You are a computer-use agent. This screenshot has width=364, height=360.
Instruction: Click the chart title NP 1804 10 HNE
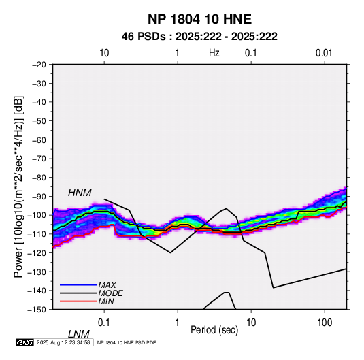coord(199,19)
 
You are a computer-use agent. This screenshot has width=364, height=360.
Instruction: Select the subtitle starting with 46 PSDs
coord(199,37)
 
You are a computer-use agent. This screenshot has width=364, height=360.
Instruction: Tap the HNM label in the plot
coord(80,193)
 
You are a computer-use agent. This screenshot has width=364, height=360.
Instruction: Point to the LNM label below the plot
coord(78,334)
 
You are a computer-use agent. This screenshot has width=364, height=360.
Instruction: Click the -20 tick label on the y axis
coord(39,65)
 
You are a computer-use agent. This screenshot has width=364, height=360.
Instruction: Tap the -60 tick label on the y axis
coord(39,140)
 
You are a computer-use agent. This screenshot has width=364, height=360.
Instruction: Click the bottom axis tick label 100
coord(325,323)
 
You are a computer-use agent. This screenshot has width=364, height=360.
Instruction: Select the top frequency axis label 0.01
coord(324,53)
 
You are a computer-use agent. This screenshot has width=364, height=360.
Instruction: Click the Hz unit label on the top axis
coord(214,53)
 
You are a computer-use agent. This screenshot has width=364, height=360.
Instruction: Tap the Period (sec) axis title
coord(214,330)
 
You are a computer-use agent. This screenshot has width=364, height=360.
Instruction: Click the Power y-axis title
coord(18,187)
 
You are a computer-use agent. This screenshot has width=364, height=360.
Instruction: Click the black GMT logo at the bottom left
coord(25,342)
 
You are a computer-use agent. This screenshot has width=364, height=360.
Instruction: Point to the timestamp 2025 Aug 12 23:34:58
coord(63,342)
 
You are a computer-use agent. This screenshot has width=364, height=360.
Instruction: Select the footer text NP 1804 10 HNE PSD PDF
coord(127,342)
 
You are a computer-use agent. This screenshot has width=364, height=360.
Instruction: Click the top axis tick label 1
coord(177,53)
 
